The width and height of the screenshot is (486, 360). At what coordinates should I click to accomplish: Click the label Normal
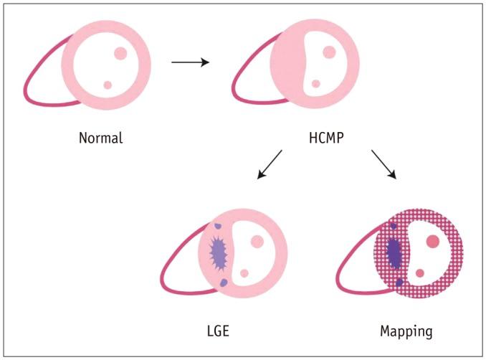point(100,138)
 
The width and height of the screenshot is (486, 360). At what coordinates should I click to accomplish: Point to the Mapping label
point(406,331)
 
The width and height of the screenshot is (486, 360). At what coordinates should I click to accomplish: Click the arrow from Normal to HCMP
point(190,62)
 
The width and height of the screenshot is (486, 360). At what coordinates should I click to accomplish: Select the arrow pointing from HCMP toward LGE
point(269,164)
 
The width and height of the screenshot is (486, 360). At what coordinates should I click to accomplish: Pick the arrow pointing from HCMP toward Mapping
point(384,164)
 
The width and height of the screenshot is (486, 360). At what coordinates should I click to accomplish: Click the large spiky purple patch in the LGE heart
point(218,252)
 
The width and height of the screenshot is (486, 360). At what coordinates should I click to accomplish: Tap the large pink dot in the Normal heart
point(120,53)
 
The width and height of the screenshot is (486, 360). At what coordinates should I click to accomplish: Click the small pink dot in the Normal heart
point(108,85)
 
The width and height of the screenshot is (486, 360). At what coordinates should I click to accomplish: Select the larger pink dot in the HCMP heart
point(329,52)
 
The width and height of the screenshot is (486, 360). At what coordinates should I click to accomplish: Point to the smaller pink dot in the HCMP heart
point(316,84)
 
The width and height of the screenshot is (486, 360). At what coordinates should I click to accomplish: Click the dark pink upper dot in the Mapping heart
point(432,242)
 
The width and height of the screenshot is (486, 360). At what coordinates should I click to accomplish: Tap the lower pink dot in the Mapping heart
point(420,273)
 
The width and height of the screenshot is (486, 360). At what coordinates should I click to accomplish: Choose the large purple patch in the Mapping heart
point(394,251)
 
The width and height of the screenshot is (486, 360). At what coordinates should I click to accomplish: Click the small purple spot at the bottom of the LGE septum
point(223,283)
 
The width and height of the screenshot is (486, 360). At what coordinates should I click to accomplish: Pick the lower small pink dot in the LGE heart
point(244,273)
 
